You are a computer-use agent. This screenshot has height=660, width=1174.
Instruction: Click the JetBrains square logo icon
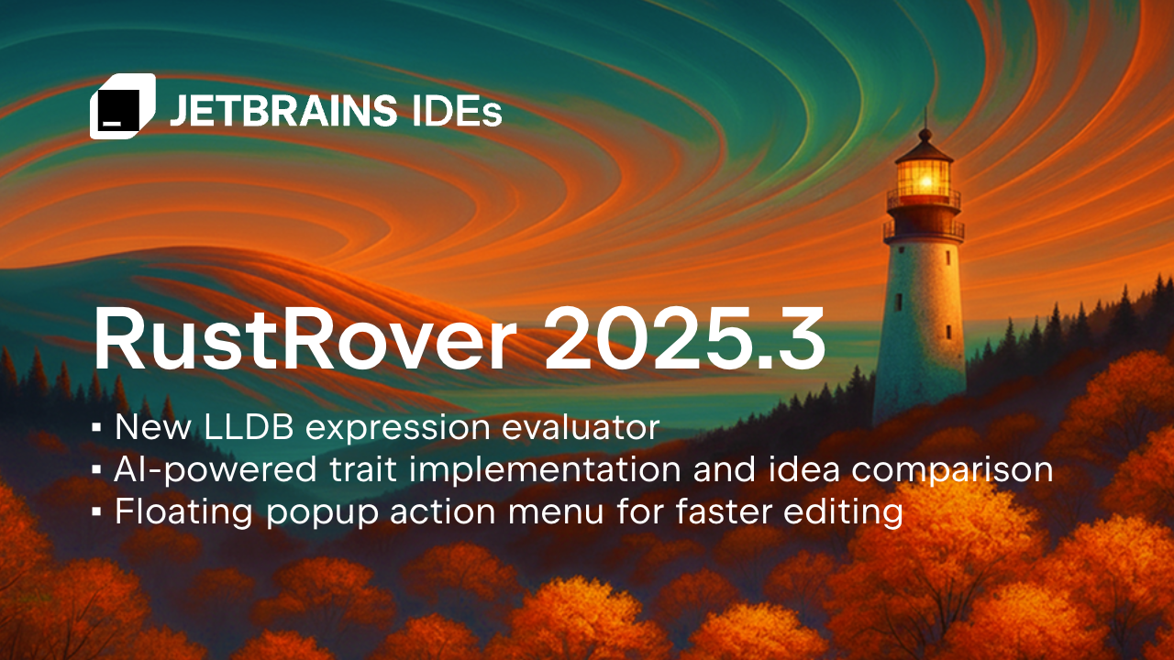click(121, 106)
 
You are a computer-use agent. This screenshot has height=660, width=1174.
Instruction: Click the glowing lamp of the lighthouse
click(923, 176)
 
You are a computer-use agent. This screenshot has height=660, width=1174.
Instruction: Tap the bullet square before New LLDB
click(96, 427)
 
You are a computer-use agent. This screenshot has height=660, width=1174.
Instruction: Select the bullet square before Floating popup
click(96, 511)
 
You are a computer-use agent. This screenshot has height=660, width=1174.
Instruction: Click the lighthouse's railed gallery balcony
click(923, 229)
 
